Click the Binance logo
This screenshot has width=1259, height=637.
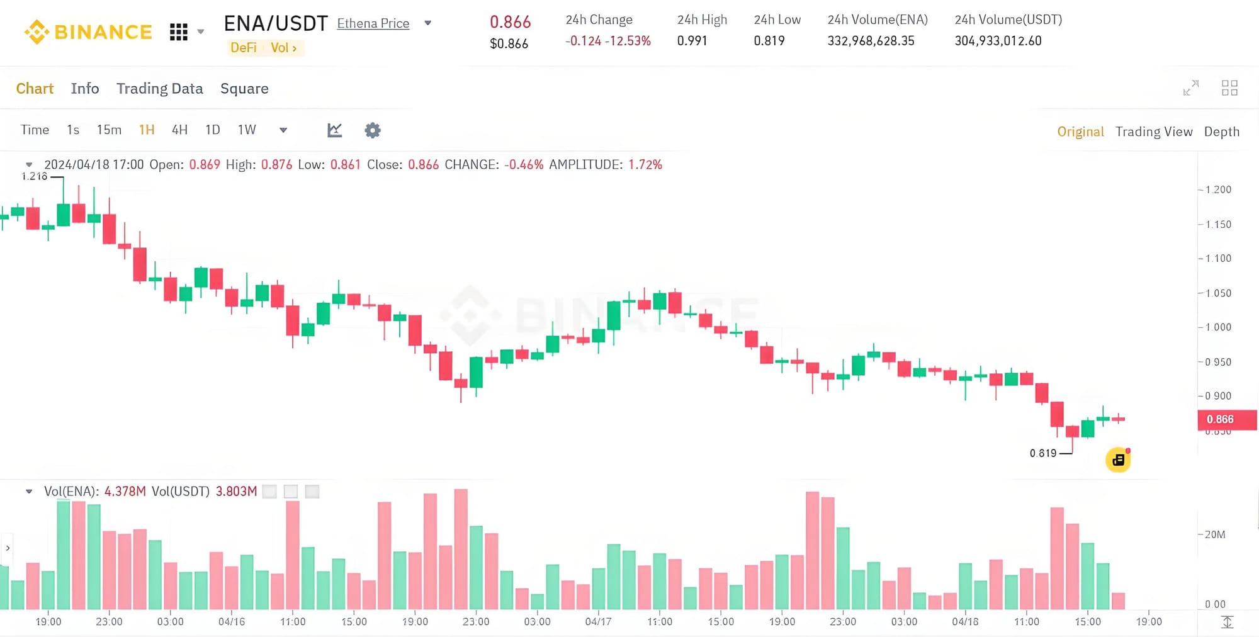pos(88,31)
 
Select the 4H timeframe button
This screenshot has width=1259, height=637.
pos(179,130)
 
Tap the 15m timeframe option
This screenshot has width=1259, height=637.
pos(109,130)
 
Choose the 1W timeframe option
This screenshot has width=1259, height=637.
pos(247,130)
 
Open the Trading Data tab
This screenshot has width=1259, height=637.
pos(160,89)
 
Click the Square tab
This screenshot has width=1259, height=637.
pos(244,89)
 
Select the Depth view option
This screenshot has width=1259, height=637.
pos(1221,132)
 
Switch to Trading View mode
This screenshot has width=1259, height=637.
pos(1154,132)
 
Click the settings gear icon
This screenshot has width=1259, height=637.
pos(373,130)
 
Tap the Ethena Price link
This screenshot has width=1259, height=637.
pos(373,24)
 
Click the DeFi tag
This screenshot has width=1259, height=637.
pos(244,48)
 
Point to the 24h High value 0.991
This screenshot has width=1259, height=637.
pos(692,41)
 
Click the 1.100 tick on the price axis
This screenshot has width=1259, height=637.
pos(1218,258)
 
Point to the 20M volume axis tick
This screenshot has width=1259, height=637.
pos(1214,534)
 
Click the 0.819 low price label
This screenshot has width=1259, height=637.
pos(1043,453)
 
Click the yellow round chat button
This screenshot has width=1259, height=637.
pos(1118,460)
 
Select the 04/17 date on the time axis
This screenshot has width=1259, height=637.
pos(598,622)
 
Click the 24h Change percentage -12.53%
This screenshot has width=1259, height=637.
pos(628,41)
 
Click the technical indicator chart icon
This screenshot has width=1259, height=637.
pos(335,130)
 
